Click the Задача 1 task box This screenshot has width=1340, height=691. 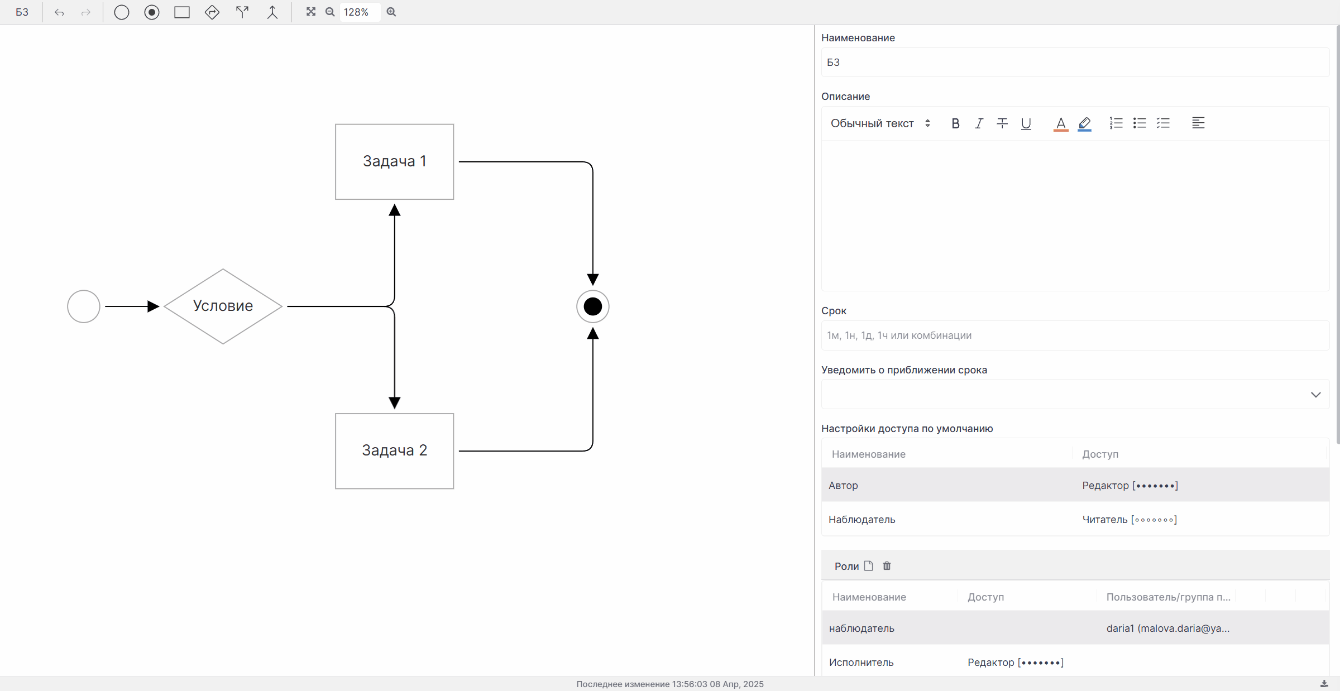(394, 162)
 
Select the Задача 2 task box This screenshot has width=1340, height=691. (394, 451)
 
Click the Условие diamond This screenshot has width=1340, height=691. (223, 306)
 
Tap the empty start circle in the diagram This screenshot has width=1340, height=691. (84, 306)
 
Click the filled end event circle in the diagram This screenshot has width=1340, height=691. (592, 306)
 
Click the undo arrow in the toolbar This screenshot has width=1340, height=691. (59, 12)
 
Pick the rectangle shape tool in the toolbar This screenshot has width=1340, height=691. (182, 12)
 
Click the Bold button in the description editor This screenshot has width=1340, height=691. (955, 123)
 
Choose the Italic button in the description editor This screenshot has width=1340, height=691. (979, 123)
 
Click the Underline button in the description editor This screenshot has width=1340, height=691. (1026, 123)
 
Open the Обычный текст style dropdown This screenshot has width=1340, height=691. (880, 123)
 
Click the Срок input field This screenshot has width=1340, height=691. (1075, 335)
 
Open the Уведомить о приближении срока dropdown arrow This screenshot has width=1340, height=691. (1315, 395)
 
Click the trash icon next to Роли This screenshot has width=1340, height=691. (887, 566)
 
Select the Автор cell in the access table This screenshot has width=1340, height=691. (843, 486)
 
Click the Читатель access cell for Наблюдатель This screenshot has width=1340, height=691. (1130, 520)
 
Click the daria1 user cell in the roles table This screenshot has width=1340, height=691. (1168, 628)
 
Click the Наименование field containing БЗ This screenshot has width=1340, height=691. (1075, 63)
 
